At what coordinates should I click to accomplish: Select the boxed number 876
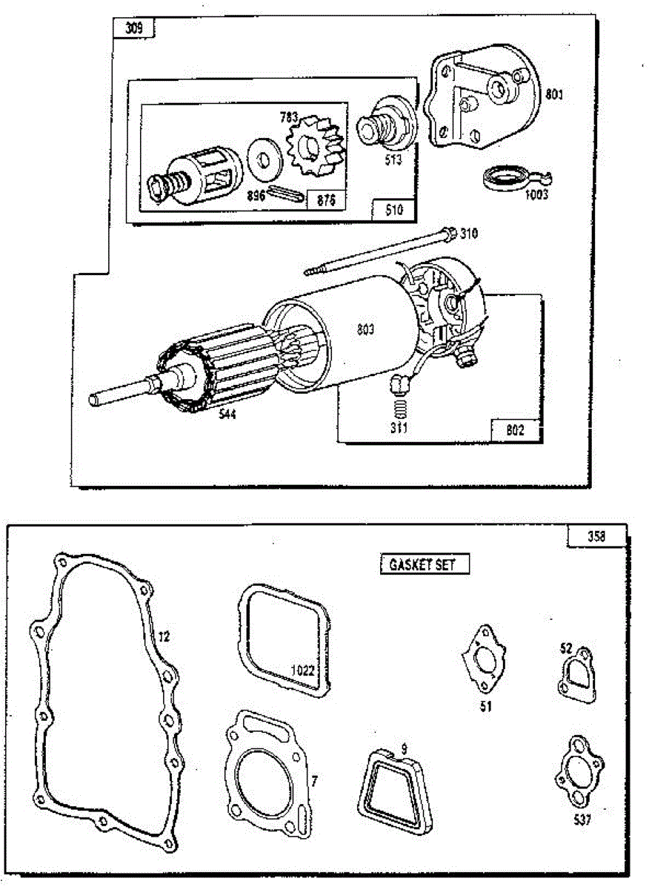[326, 200]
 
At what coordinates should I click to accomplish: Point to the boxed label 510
[393, 210]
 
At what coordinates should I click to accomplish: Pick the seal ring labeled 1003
[499, 180]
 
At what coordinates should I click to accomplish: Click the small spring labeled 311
[400, 408]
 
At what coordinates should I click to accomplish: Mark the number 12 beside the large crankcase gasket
[164, 636]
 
